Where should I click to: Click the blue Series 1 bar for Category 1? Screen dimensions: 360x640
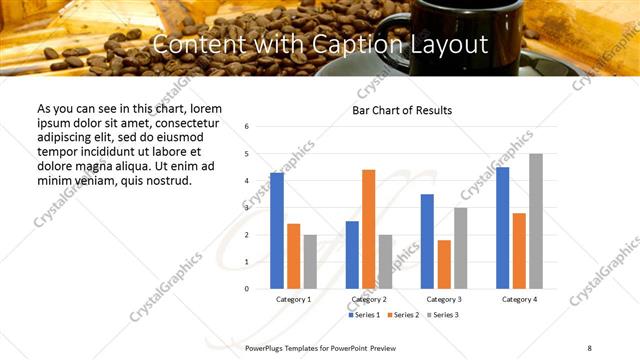276,231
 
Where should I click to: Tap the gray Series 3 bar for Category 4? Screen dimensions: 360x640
536,221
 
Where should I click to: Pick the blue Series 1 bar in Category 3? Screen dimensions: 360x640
427,241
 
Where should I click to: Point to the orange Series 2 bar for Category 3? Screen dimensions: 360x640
444,264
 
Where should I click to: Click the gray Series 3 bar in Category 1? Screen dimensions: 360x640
310,261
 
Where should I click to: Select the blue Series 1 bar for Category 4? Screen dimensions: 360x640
502,228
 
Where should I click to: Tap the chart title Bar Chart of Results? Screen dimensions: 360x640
402,110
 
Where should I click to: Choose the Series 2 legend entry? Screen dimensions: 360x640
402,315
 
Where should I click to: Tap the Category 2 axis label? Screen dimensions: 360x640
369,299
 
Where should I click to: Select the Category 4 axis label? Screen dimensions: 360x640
519,299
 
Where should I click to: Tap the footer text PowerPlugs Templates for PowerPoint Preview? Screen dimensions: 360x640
321,347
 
